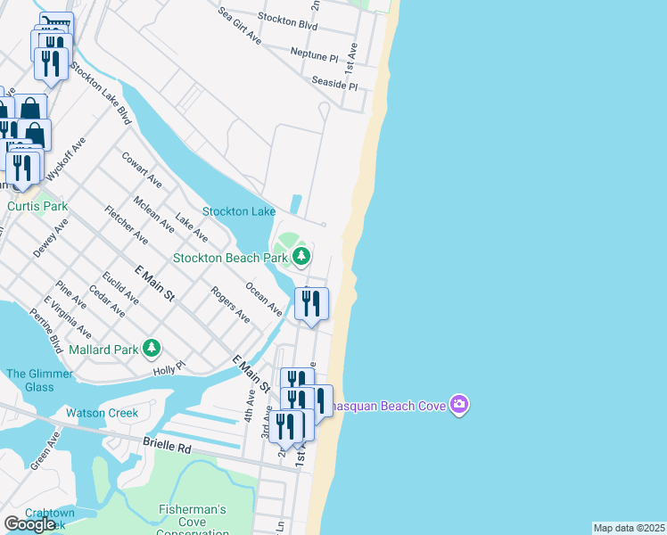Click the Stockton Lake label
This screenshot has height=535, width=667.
coord(238,211)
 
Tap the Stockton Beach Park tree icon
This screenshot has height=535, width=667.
coord(301,258)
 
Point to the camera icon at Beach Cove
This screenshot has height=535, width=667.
coord(459,406)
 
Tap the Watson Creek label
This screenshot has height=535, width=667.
coord(102,413)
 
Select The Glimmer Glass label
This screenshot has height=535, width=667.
coord(29,381)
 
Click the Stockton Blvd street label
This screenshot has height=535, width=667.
coord(287,21)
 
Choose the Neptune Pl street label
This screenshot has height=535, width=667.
coord(315,53)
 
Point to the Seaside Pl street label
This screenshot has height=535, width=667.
coord(333,83)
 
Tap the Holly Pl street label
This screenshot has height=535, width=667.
coord(169,366)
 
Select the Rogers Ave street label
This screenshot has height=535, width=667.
coord(230,304)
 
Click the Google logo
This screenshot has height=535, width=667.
coord(29,524)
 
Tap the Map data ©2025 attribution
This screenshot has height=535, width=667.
coord(629,528)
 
